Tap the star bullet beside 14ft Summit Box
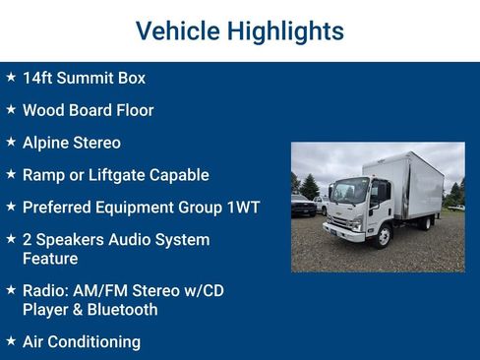click(x=10, y=77)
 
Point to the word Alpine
click(x=46, y=143)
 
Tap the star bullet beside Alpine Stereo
click(x=10, y=142)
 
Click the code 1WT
click(x=239, y=208)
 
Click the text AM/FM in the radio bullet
click(x=93, y=291)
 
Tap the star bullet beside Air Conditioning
click(x=10, y=340)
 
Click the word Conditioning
click(x=97, y=342)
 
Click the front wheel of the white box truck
click(x=384, y=235)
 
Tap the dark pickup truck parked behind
click(x=303, y=207)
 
